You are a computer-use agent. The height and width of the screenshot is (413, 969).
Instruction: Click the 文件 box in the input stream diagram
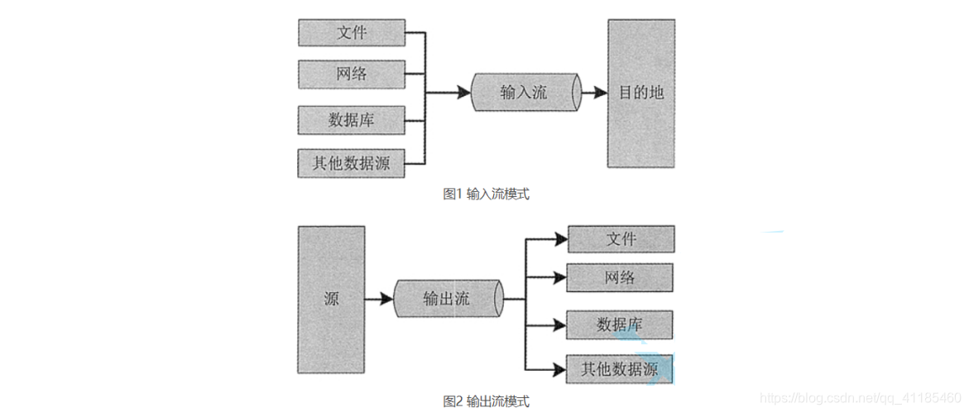pos(351,33)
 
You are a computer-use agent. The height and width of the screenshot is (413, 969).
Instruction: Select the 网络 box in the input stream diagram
pos(351,74)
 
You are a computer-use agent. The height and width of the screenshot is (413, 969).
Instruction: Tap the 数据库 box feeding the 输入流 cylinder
pos(351,119)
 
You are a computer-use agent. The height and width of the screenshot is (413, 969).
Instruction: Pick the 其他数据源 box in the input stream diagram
pos(351,163)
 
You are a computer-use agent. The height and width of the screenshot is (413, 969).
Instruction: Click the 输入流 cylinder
pos(525,92)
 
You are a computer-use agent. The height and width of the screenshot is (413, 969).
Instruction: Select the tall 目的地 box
pos(641,93)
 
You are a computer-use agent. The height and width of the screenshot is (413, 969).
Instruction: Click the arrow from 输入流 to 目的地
pos(593,93)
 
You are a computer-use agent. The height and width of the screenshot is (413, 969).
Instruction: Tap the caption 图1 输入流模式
pos(486,194)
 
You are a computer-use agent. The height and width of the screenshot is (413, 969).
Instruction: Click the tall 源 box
pos(331,299)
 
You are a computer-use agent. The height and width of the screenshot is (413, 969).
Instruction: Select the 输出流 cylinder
pos(447,299)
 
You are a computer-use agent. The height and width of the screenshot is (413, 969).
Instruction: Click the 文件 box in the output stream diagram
pos(620,239)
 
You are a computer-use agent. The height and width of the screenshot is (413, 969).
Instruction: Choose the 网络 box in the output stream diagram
pos(620,277)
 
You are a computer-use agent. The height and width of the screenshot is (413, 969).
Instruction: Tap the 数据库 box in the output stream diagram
pos(620,324)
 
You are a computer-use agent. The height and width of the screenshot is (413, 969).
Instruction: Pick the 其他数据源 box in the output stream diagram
pos(620,368)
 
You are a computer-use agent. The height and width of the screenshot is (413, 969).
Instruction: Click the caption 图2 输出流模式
pos(486,401)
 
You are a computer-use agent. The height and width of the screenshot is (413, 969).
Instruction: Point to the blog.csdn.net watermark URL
pos(861,398)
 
